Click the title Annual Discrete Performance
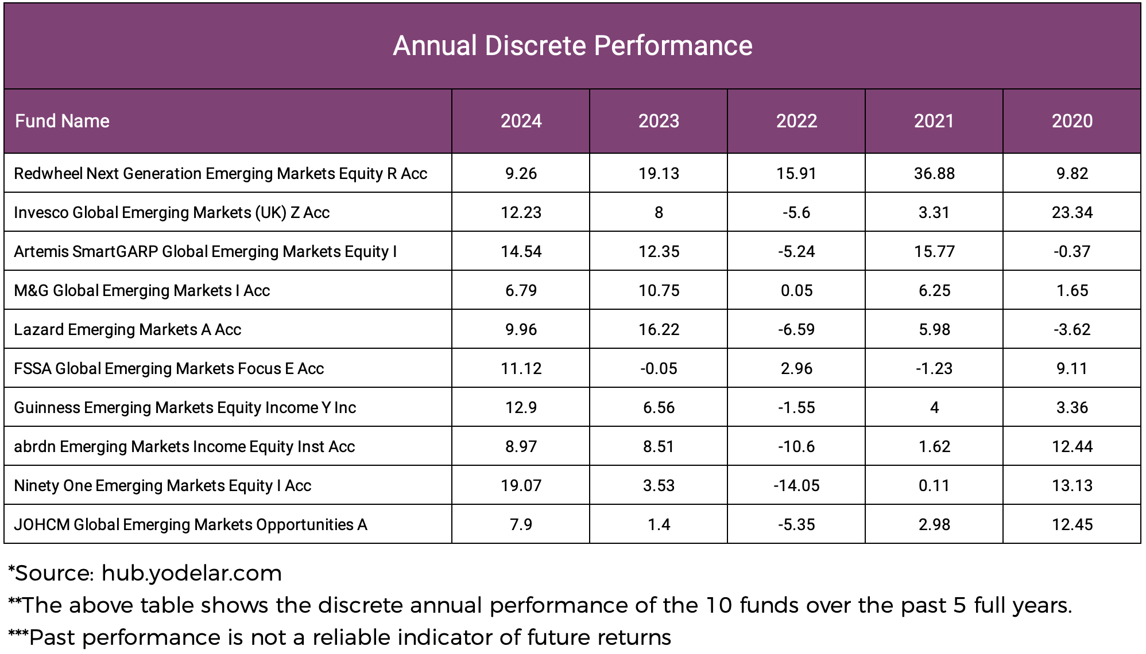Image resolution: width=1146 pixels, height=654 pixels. tap(572, 46)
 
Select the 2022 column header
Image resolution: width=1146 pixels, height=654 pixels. tap(796, 121)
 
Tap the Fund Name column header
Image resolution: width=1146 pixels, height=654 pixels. tap(62, 121)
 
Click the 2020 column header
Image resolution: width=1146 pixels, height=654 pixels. tap(1072, 121)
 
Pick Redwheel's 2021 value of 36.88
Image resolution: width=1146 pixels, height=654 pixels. tap(934, 173)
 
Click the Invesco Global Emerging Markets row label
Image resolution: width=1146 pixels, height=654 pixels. tap(172, 212)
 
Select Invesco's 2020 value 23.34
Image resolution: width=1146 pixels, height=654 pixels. tap(1072, 212)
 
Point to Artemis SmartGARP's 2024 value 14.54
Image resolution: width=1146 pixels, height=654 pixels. tap(521, 251)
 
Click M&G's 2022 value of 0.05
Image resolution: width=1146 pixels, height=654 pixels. tap(796, 290)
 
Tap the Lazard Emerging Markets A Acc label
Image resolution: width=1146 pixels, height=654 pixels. tap(127, 329)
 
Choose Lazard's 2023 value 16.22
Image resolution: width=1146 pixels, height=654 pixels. tap(659, 329)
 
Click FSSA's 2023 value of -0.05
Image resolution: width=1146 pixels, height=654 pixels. tap(659, 368)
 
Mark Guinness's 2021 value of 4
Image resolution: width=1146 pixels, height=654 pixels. tap(934, 407)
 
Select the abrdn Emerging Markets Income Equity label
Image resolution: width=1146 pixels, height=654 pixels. tap(184, 446)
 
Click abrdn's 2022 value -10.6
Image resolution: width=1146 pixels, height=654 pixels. tap(796, 446)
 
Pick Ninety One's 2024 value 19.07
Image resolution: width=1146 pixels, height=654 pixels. tap(521, 485)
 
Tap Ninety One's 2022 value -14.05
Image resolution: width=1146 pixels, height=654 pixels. tap(796, 485)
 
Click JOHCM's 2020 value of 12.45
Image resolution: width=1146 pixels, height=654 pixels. tap(1072, 524)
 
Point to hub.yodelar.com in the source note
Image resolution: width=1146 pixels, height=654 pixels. tap(192, 573)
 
